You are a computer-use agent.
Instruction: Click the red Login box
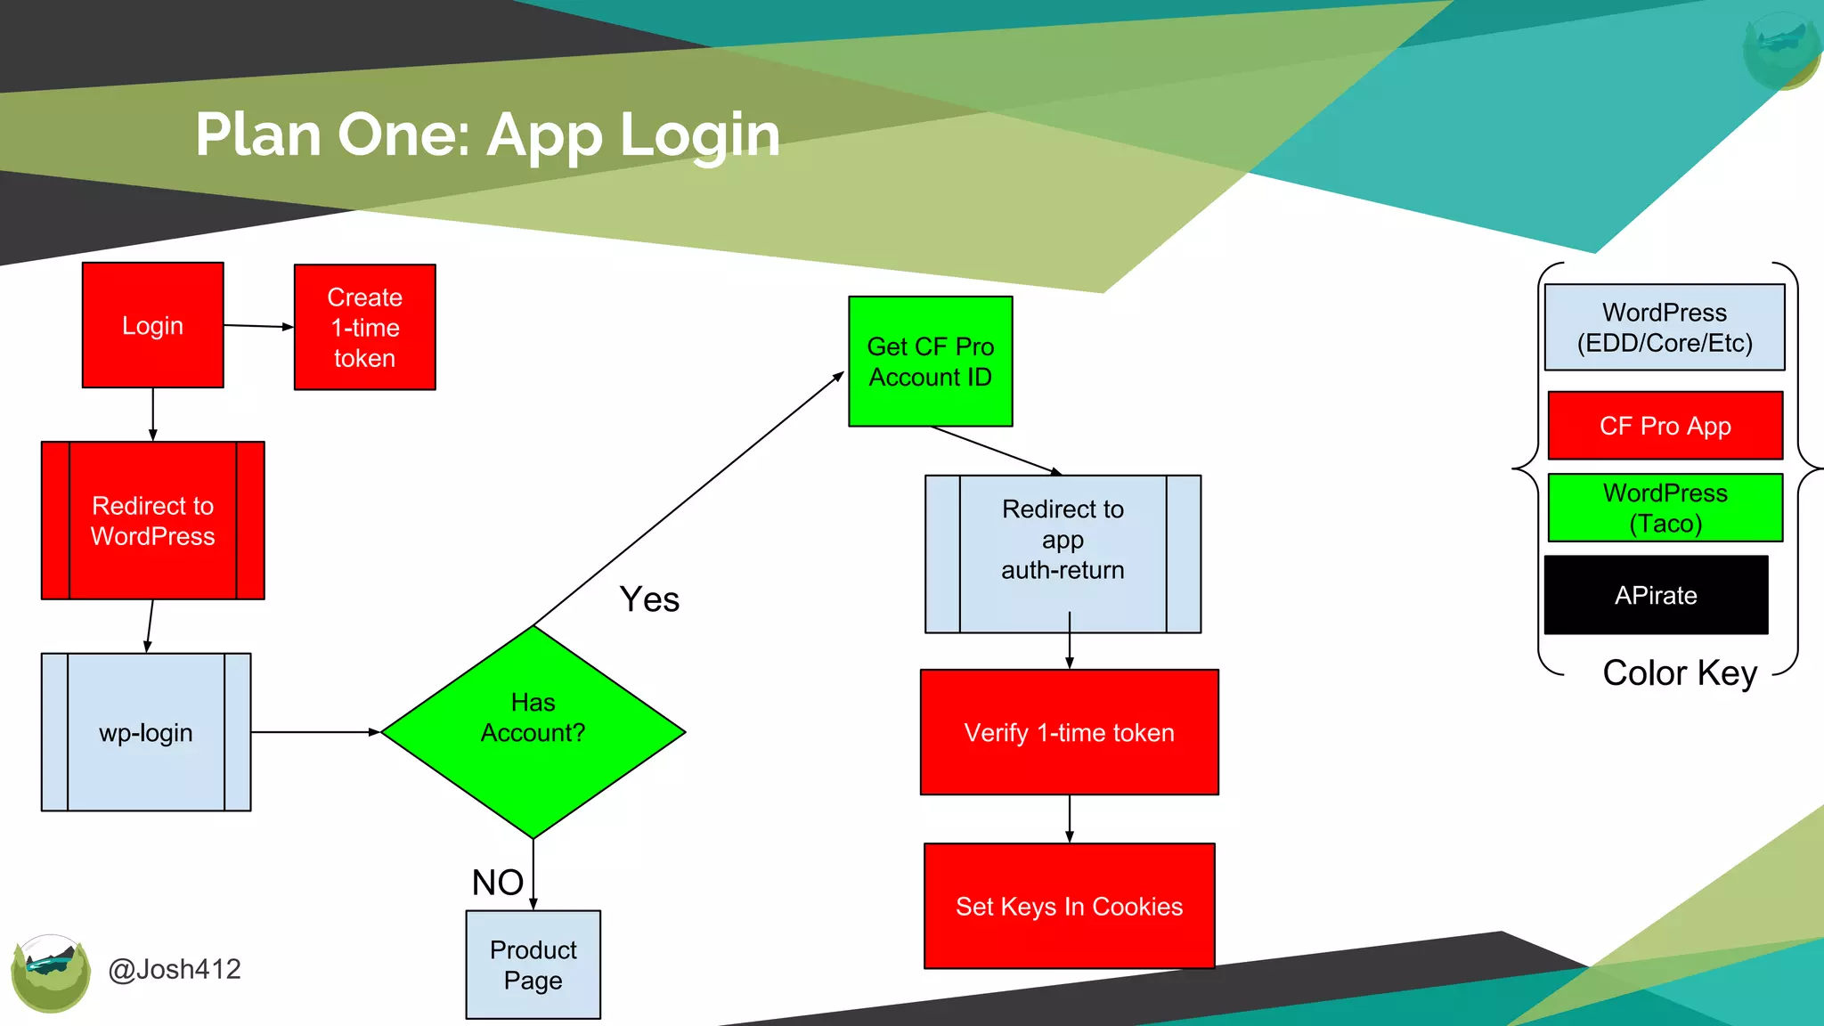[152, 325]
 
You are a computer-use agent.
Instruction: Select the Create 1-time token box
[364, 327]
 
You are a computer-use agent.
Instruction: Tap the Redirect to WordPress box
[152, 521]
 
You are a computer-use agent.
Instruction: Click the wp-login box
[146, 732]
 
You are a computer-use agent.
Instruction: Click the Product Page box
[533, 965]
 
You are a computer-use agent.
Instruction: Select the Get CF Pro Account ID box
[930, 362]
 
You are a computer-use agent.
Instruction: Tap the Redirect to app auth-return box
[1063, 553]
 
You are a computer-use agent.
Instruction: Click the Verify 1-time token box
[1069, 732]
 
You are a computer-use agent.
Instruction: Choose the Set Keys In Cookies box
[1069, 906]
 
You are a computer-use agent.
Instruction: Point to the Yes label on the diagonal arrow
[649, 599]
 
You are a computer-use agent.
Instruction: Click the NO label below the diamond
[497, 883]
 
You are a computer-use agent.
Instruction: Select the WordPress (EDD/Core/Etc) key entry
[1664, 328]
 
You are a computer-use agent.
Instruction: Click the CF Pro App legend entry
[1665, 426]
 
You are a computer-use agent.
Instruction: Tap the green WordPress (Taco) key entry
[1665, 508]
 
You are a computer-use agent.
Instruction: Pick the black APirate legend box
[1656, 595]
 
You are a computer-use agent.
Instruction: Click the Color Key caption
[1680, 672]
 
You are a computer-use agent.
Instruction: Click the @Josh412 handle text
[175, 969]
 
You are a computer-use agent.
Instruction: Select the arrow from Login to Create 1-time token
[258, 326]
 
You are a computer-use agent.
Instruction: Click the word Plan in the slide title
[257, 134]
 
